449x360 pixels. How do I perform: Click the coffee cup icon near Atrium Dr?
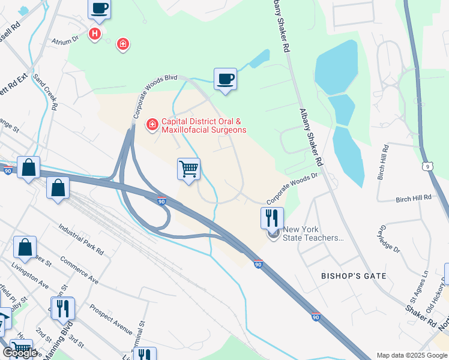(x=99, y=9)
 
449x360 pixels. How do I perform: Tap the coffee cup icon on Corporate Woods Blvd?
(x=225, y=79)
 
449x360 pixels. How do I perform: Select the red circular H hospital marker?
(x=94, y=34)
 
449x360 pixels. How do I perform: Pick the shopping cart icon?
(x=188, y=170)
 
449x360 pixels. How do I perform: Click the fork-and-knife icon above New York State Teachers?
(x=272, y=218)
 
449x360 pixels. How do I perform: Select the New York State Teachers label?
(x=313, y=233)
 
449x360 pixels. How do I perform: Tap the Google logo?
(x=20, y=352)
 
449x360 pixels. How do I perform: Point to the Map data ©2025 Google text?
(x=411, y=355)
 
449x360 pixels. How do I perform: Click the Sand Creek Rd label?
(x=47, y=92)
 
